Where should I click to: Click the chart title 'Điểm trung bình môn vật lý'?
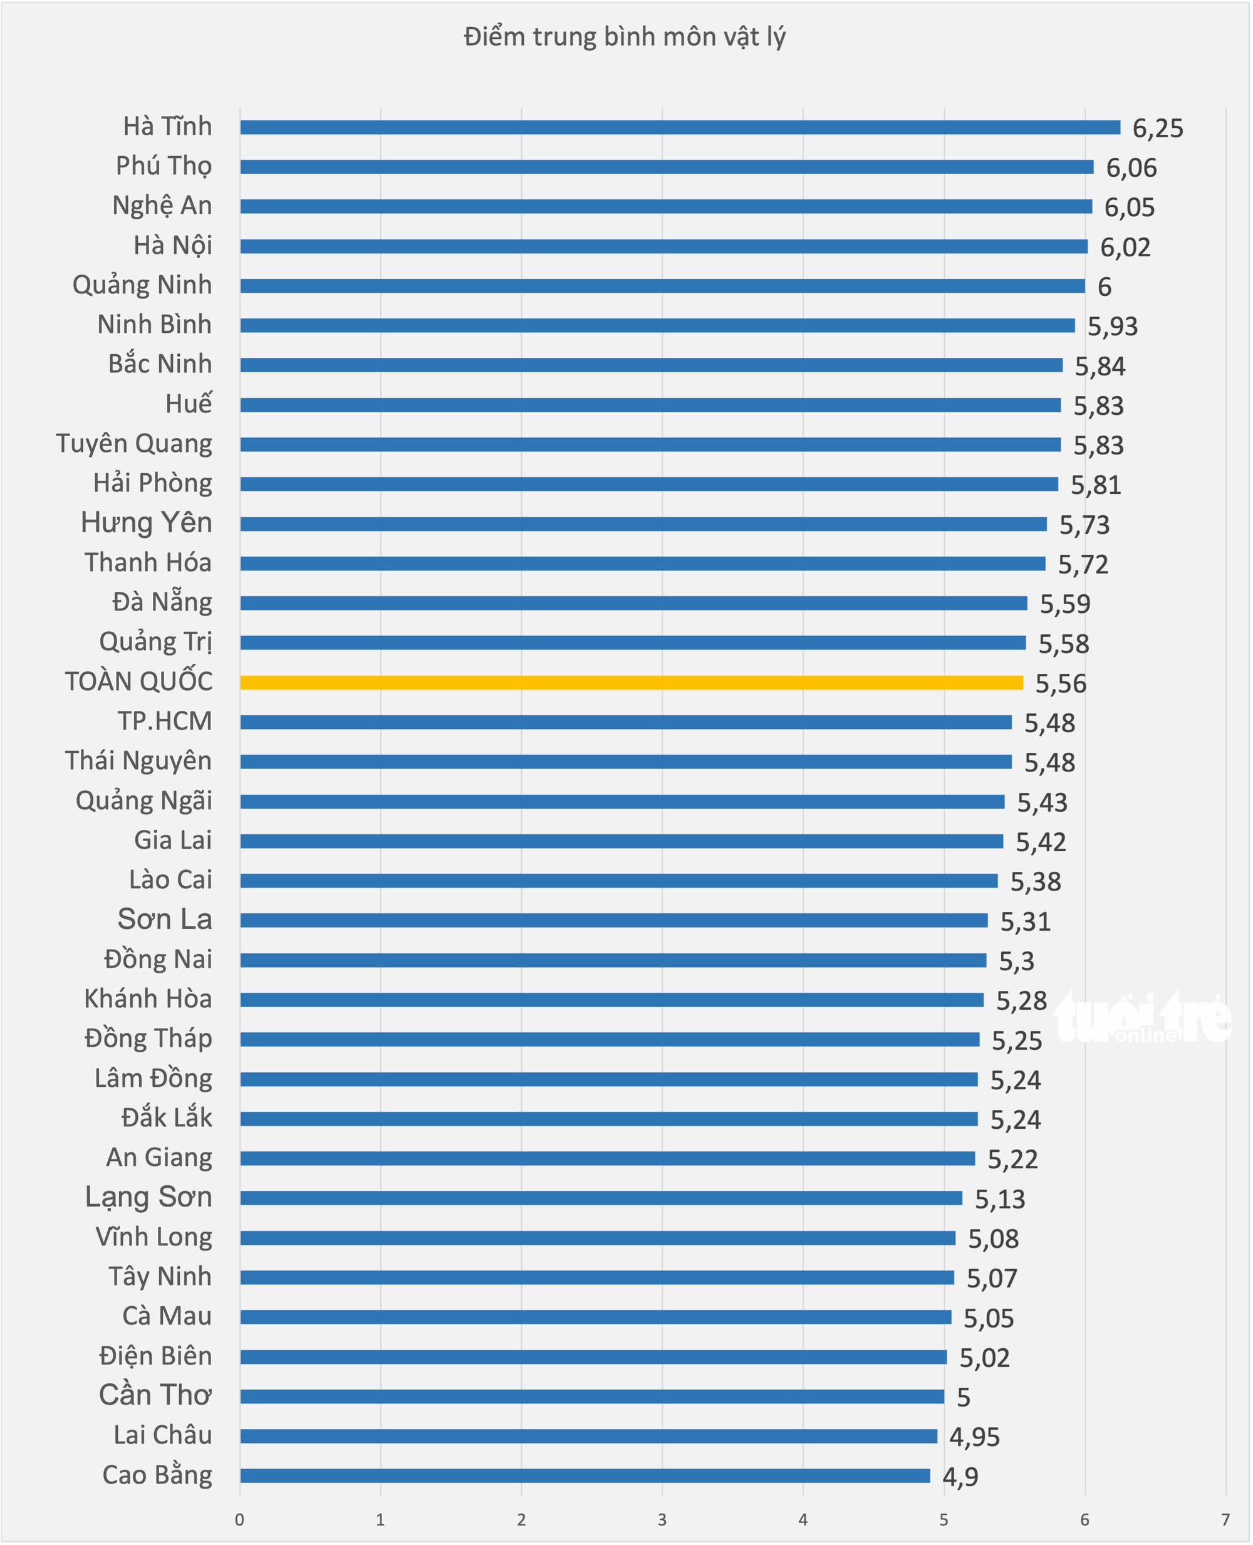(x=625, y=37)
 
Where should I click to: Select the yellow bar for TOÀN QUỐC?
(x=632, y=683)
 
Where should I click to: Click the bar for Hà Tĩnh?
(x=680, y=127)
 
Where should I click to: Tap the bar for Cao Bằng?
(x=585, y=1475)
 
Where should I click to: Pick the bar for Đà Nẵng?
(x=634, y=603)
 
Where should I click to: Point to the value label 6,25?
(x=1158, y=128)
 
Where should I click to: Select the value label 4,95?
(x=975, y=1437)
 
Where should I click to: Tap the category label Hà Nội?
(x=173, y=246)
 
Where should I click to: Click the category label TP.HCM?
(x=165, y=721)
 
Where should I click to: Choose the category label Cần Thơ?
(x=155, y=1395)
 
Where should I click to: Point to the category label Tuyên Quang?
(x=134, y=444)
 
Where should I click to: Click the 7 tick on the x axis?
(x=1225, y=1520)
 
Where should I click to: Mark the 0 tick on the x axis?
(x=239, y=1520)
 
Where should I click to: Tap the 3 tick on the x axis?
(x=662, y=1520)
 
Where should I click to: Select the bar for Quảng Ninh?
(x=663, y=286)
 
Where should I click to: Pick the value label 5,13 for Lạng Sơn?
(x=1001, y=1200)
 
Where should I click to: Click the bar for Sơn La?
(x=614, y=919)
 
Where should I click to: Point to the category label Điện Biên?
(x=156, y=1356)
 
